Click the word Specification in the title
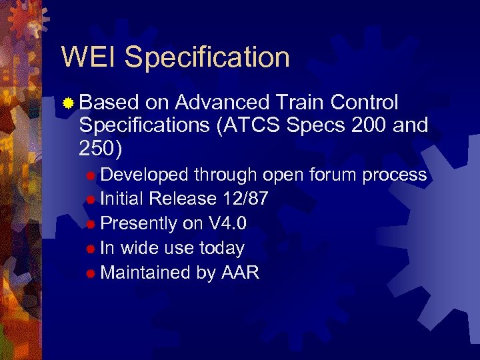[x=207, y=58]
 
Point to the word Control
[x=365, y=103]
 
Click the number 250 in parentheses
[x=96, y=148]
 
